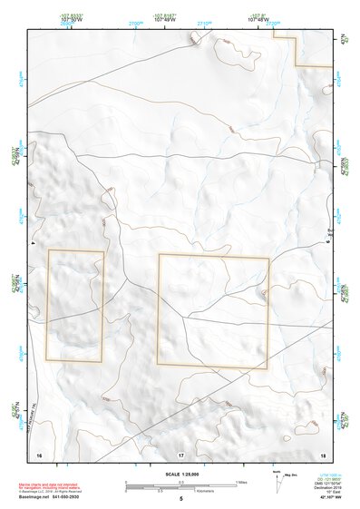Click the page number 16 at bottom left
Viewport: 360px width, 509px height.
pyautogui.click(x=39, y=453)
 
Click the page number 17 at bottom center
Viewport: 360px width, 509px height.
pyautogui.click(x=180, y=453)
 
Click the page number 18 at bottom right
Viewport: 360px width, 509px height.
pyautogui.click(x=322, y=453)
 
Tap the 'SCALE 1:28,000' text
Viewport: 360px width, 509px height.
pyautogui.click(x=180, y=475)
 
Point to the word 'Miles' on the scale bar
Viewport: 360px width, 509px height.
pyautogui.click(x=241, y=482)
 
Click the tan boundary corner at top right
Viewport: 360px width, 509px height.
pyautogui.click(x=298, y=64)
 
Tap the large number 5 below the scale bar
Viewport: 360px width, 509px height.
pyautogui.click(x=180, y=499)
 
